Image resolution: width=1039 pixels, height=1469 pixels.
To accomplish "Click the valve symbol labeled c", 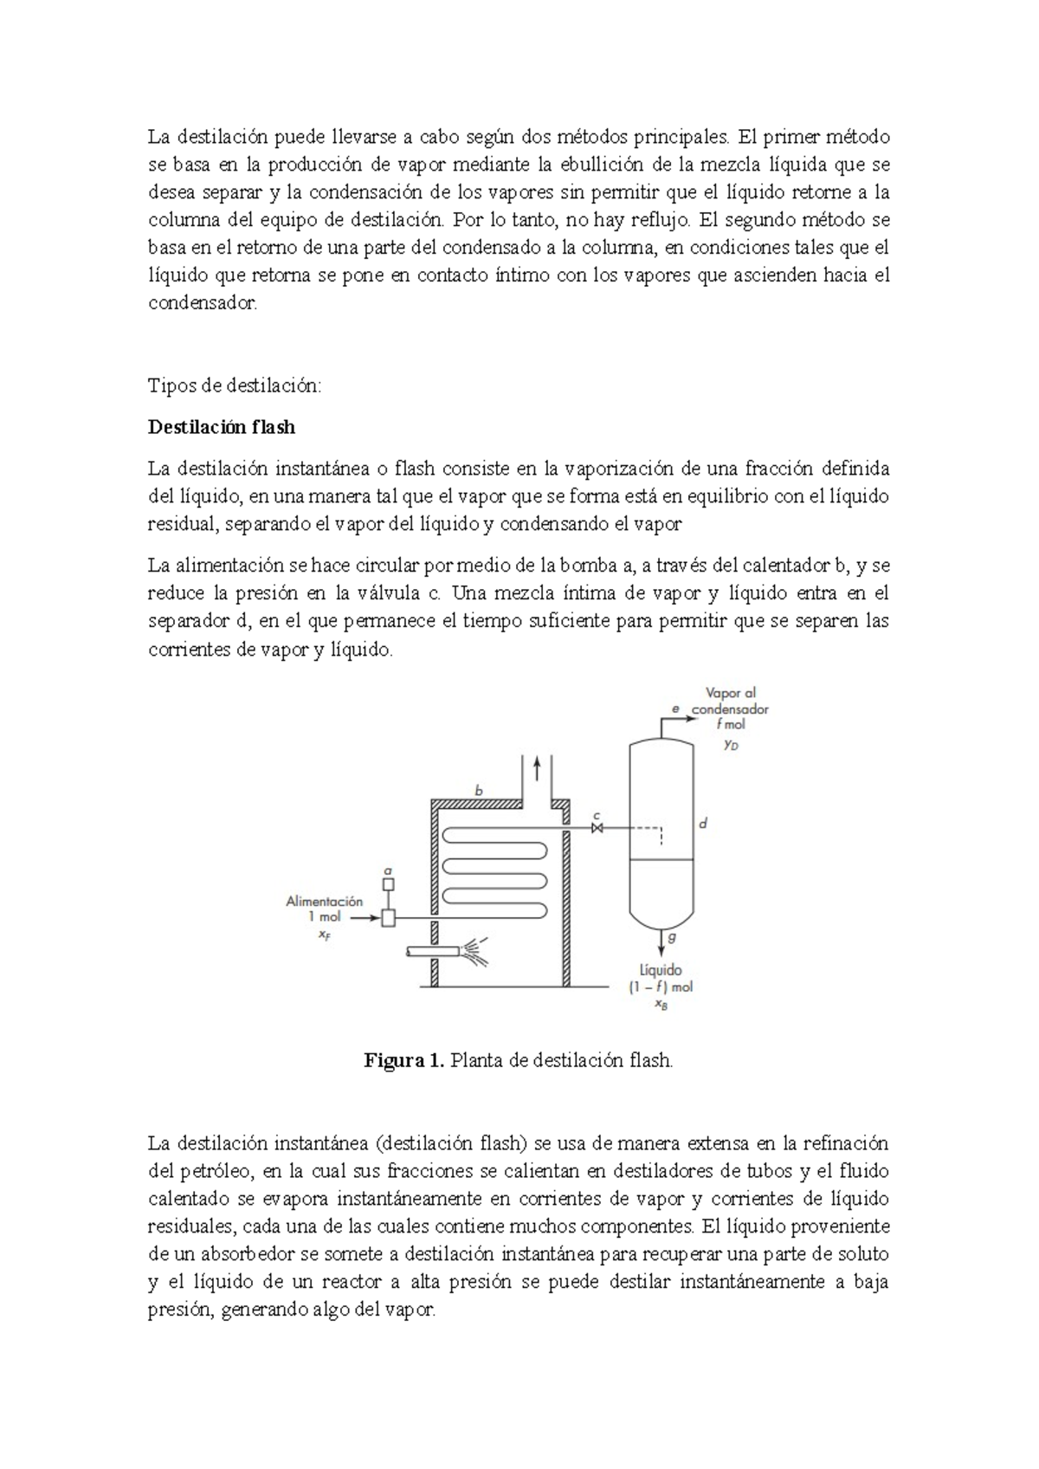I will point(597,829).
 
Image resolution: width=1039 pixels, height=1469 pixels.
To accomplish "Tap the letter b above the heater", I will point(479,790).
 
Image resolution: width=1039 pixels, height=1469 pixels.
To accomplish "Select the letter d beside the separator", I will point(704,824).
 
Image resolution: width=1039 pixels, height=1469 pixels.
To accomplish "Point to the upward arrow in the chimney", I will point(537,767).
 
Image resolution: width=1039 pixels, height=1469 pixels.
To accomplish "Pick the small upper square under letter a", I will point(389,884).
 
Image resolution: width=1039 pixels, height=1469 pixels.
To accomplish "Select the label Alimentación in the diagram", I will point(325,901).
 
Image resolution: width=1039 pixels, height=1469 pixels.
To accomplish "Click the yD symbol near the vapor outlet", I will point(732,745).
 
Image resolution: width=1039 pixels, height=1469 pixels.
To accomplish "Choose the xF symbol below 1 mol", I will point(324,935).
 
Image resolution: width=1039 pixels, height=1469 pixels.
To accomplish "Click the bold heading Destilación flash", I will point(222,427).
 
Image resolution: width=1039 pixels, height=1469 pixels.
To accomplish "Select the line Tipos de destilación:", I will point(235,385).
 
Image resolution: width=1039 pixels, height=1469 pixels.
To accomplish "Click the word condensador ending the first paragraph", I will point(203,303).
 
